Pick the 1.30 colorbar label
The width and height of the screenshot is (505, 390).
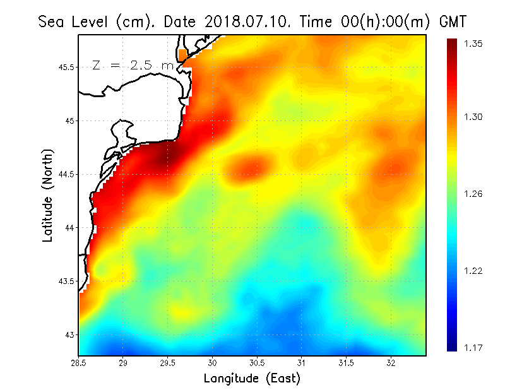point(473,117)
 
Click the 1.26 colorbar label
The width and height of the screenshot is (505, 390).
point(473,194)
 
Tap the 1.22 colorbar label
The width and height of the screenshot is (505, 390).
point(473,271)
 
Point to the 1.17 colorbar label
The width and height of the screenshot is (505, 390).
point(473,347)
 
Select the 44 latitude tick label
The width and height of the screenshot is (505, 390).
point(71,227)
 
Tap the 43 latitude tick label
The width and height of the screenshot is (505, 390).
point(71,334)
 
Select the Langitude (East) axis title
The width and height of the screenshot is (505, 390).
point(252,379)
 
